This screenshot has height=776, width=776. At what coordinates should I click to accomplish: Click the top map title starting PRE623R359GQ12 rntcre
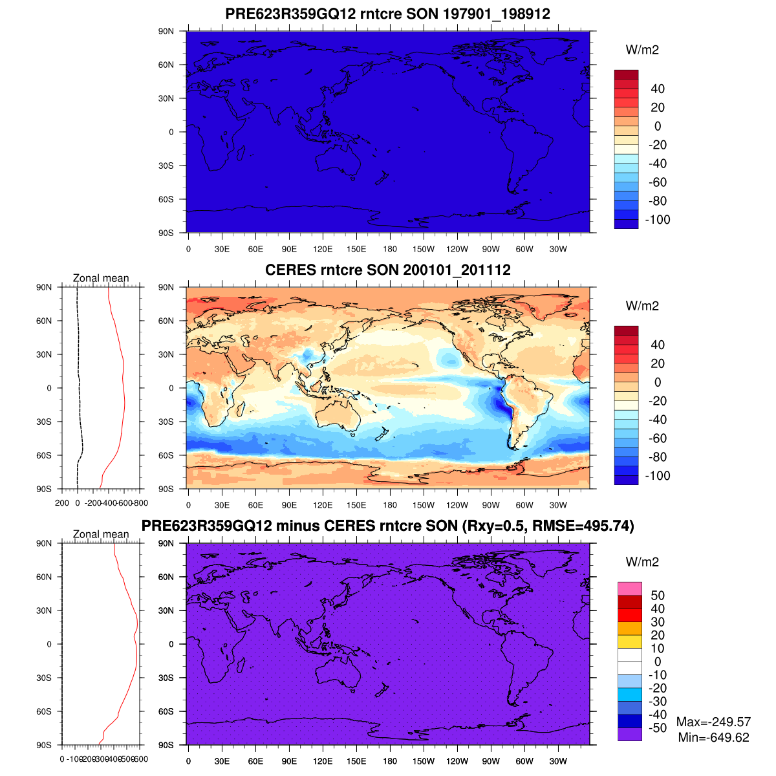[387, 14]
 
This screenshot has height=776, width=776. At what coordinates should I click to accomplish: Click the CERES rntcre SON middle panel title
[387, 270]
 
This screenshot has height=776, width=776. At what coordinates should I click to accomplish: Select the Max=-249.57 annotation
[713, 722]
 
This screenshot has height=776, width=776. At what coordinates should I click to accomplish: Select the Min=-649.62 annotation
[713, 737]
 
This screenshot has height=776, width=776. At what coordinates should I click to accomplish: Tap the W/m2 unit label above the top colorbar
[642, 50]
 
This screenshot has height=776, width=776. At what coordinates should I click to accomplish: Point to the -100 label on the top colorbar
[658, 219]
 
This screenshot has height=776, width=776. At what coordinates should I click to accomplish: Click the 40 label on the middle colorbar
[658, 345]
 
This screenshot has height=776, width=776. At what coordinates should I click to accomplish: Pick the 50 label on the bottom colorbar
[658, 596]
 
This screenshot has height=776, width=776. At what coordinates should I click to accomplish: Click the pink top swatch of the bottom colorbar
[630, 588]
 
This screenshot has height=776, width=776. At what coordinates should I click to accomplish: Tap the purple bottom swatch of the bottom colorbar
[630, 734]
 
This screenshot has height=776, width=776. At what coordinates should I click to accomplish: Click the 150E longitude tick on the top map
[356, 249]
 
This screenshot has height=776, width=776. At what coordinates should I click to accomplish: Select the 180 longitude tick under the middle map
[390, 505]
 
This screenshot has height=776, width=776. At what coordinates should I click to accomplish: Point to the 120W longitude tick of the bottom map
[457, 761]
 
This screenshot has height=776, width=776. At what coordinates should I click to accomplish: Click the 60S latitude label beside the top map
[166, 199]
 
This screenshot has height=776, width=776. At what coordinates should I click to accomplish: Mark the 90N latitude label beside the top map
[166, 31]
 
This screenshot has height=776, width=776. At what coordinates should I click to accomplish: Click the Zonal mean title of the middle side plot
[101, 278]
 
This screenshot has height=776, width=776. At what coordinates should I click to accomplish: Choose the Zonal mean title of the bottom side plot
[101, 534]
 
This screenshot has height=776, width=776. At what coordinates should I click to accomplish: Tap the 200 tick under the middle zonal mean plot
[62, 503]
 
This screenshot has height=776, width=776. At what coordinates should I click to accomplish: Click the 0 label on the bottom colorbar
[658, 662]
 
